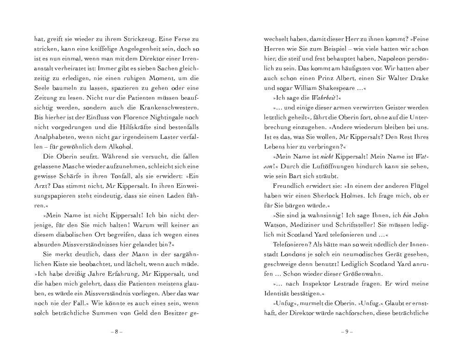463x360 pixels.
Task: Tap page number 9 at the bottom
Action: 347,332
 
